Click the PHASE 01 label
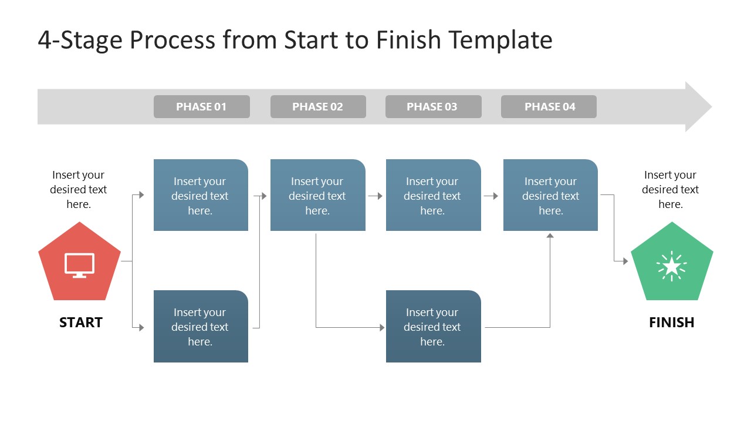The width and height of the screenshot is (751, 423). tap(201, 107)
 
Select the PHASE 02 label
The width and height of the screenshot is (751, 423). tap(317, 107)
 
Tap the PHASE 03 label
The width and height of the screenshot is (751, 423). tap(432, 107)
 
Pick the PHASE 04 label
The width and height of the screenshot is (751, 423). tap(549, 107)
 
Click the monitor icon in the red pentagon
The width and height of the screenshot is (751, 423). tap(79, 265)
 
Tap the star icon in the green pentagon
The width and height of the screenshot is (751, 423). tap(672, 267)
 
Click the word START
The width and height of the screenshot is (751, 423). tap(81, 323)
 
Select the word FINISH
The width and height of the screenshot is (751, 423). tap(672, 323)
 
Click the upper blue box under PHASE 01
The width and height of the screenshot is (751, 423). tap(201, 195)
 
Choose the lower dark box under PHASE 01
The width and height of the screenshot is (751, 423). tap(201, 326)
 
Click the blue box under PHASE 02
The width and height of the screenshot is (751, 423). tap(317, 195)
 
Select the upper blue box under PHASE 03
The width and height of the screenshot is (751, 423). tap(433, 195)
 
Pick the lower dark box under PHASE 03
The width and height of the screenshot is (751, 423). tap(433, 326)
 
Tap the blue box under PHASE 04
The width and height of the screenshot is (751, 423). tap(550, 195)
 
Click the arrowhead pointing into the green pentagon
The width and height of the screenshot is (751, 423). tap(625, 261)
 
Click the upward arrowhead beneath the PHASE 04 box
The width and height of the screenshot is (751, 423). tap(550, 236)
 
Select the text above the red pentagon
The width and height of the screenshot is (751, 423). tap(79, 189)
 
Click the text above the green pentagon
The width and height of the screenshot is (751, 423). tap(670, 189)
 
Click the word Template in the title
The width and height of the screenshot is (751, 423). tap(500, 40)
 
